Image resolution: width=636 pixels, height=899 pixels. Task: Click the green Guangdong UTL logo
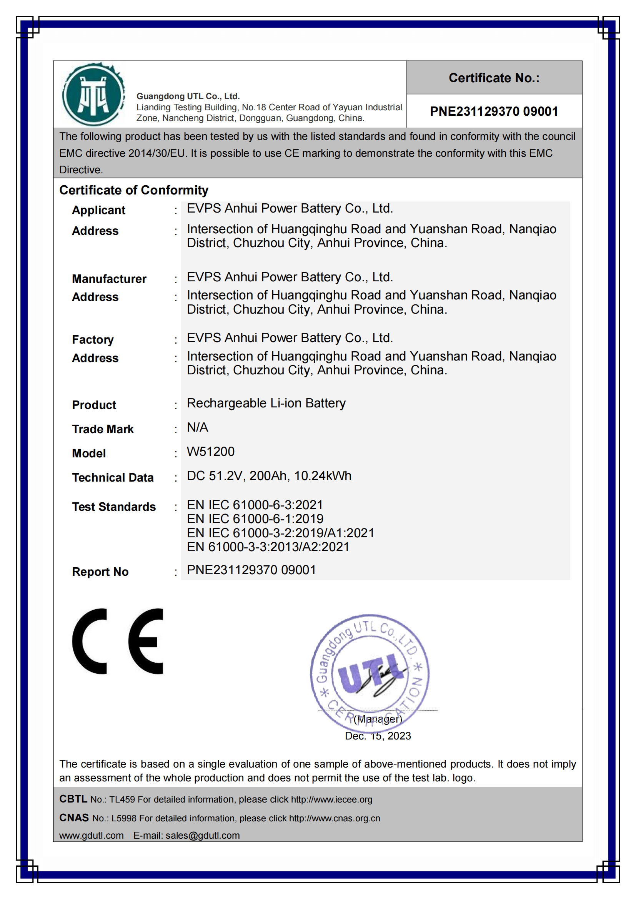tap(93, 95)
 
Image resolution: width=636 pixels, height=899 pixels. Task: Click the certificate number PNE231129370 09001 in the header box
tap(494, 111)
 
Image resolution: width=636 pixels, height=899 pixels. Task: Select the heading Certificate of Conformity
tap(133, 190)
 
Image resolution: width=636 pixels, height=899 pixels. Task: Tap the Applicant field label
tap(98, 210)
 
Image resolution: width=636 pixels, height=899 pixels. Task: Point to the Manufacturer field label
tap(109, 279)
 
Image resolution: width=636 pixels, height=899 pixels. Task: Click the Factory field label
tap(93, 339)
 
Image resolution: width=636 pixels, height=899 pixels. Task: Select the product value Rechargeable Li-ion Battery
tap(266, 403)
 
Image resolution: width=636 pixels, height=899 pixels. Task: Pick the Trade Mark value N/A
tap(197, 427)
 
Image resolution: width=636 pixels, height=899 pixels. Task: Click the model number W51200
tap(211, 452)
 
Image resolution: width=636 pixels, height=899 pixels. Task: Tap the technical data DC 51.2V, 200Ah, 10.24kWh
tap(269, 476)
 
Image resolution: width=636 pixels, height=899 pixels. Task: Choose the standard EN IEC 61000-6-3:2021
tap(255, 505)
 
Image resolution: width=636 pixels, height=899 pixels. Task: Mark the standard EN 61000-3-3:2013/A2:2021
tap(268, 547)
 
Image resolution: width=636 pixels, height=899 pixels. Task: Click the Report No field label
tap(100, 572)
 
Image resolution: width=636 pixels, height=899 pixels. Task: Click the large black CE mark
tap(118, 641)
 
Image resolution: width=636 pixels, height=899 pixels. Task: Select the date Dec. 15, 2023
tap(378, 736)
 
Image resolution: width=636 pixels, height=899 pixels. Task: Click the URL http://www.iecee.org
tap(331, 799)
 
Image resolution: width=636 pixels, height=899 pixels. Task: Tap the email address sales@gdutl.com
tap(203, 836)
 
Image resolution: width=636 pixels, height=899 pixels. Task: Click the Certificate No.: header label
tap(494, 78)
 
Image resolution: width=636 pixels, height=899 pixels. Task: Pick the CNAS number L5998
tap(124, 818)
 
